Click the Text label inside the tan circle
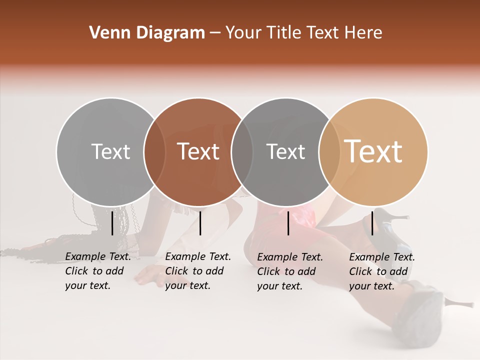point(373,151)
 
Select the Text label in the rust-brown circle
point(198,151)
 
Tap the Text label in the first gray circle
point(110,151)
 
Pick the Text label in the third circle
point(286,151)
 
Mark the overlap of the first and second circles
point(154,151)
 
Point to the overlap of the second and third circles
point(242,151)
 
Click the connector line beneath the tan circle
point(372,222)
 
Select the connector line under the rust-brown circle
point(200,223)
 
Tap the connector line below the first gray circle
point(112,223)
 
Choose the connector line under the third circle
point(288,223)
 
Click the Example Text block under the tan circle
point(382,271)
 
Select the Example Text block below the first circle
point(98,271)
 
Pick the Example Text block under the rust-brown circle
point(198,271)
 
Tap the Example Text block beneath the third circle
point(290,271)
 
